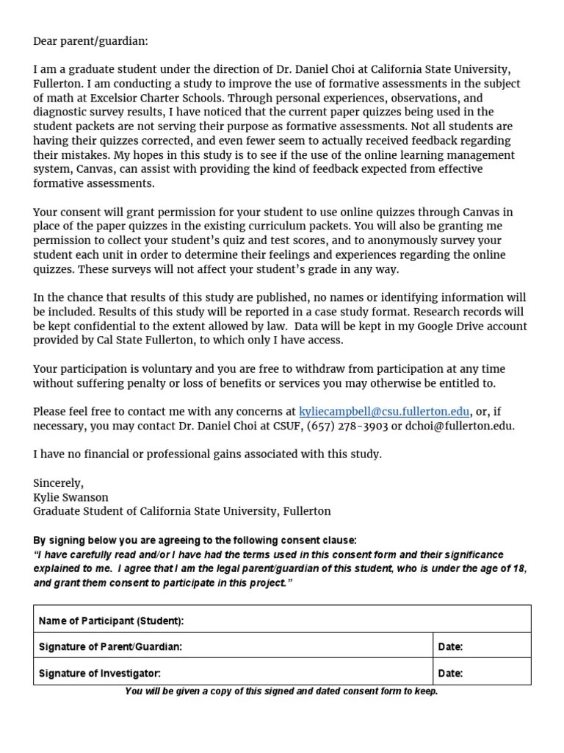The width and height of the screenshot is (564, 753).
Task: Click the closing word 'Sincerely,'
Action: (59, 482)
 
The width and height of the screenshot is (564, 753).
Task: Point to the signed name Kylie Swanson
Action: (70, 496)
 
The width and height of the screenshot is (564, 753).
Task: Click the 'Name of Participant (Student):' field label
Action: (111, 621)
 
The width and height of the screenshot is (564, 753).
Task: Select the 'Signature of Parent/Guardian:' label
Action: (110, 647)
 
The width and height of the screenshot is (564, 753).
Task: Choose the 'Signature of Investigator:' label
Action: (99, 673)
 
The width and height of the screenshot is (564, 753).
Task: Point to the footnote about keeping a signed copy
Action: (281, 691)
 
